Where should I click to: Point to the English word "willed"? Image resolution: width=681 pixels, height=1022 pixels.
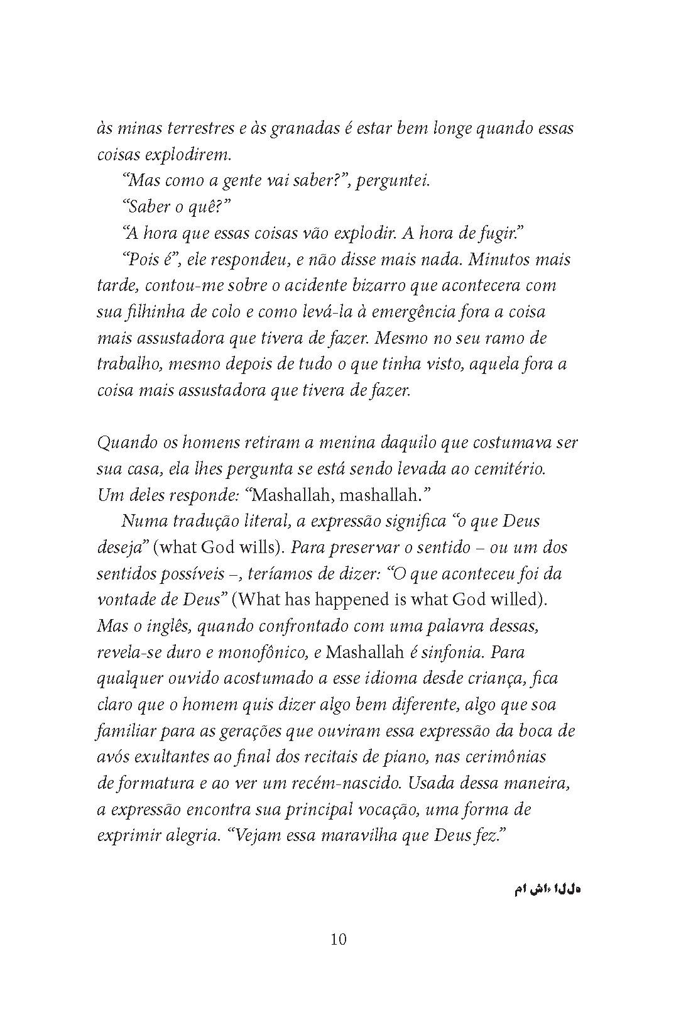518,600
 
